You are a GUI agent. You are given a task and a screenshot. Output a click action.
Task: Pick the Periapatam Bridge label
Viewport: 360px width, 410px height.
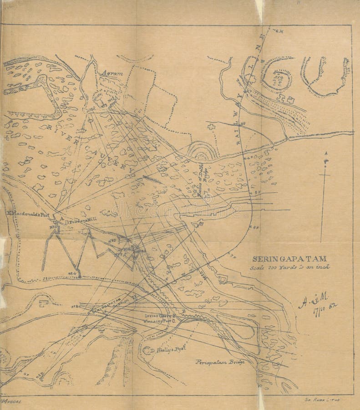point(221,362)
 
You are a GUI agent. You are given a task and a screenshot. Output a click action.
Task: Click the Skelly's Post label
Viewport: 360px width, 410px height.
point(167,350)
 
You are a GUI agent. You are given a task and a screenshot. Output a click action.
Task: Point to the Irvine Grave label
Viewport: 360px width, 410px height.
point(159,314)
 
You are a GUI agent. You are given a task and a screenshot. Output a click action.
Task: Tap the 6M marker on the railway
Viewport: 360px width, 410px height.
point(279,31)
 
